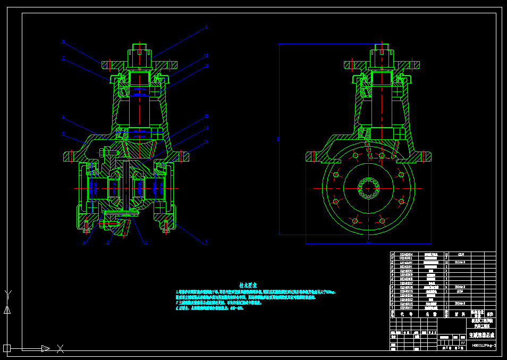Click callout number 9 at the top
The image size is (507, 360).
pos(207,27)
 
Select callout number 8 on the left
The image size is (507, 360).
pos(63,41)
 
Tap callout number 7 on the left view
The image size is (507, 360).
pos(63,58)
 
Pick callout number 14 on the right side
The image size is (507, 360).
pos(207,141)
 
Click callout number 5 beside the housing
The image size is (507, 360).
pos(63,133)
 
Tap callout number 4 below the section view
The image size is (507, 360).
pos(83,243)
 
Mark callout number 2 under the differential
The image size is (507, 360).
pos(146,243)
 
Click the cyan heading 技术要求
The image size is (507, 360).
pos(248,285)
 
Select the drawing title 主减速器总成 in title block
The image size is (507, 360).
pos(481,336)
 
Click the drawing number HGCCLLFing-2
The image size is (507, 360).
pos(483,346)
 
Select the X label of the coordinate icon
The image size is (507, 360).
pos(60,349)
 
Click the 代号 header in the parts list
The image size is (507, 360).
pos(402,314)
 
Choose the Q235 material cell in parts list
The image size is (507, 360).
pos(460,291)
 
